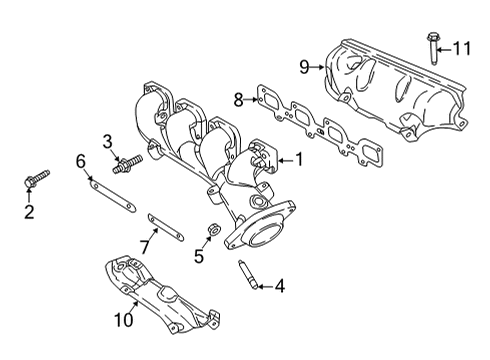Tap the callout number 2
click(x=29, y=211)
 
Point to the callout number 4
click(x=278, y=287)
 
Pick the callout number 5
click(x=198, y=255)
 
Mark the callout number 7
click(x=145, y=244)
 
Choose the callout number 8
click(x=238, y=99)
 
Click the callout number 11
click(x=461, y=48)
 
